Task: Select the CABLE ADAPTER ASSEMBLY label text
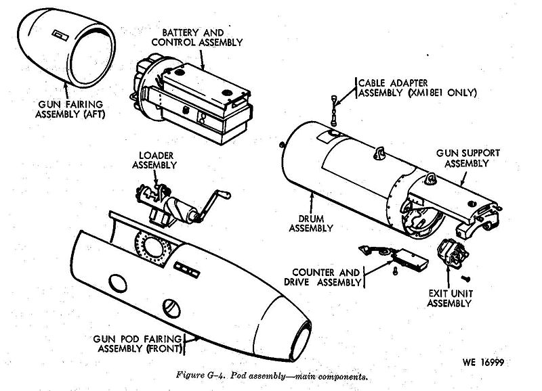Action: (x=413, y=85)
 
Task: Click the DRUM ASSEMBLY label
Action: (x=312, y=224)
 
